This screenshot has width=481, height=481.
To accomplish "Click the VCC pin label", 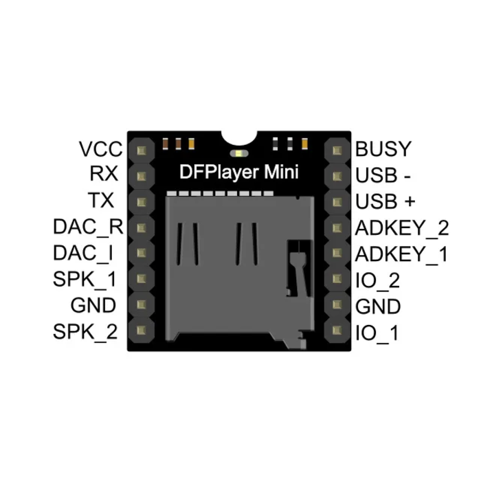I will [100, 149].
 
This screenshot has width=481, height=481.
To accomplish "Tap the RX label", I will [104, 175].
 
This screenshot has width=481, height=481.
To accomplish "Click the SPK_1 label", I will [85, 280].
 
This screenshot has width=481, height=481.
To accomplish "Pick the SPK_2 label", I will [85, 333].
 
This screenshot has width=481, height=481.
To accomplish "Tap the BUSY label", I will [383, 149].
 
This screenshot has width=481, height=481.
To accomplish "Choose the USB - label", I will [383, 175].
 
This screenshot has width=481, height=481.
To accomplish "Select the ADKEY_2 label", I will [402, 227].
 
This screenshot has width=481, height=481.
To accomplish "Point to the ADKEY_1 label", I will [401, 254].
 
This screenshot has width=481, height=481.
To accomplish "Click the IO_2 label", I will [378, 280].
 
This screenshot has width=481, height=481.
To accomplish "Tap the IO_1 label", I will [376, 333].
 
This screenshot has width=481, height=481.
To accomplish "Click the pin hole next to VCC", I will [143, 150].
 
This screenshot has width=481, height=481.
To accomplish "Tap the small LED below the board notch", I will [238, 153].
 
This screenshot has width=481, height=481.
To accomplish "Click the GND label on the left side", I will [93, 306].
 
